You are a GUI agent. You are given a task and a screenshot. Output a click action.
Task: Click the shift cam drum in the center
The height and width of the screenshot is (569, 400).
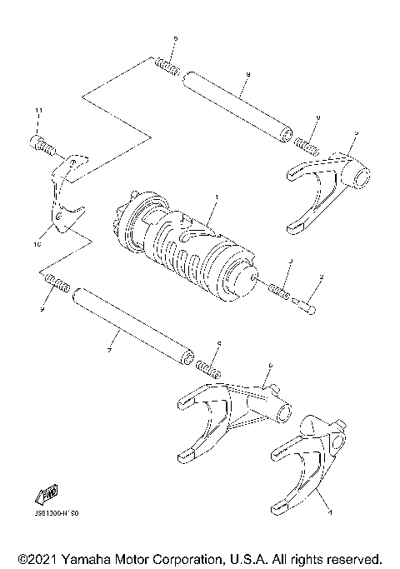[187, 246]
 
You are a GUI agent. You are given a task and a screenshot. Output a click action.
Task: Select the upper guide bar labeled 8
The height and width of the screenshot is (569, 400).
[237, 107]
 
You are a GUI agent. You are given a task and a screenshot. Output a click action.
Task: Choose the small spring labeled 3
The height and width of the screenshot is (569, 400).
[280, 294]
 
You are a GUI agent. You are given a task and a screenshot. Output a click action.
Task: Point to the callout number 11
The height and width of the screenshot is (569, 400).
[37, 111]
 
